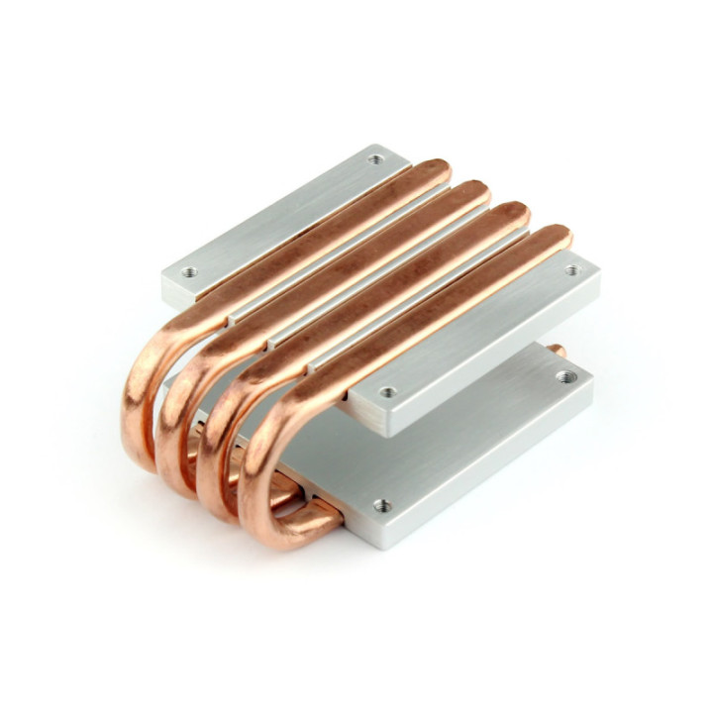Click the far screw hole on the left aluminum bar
coord(374,158)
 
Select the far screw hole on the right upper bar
coord(571,269)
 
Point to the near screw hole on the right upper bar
coord(387,392)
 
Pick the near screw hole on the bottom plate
coord(385,505)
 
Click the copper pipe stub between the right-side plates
coord(558,350)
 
